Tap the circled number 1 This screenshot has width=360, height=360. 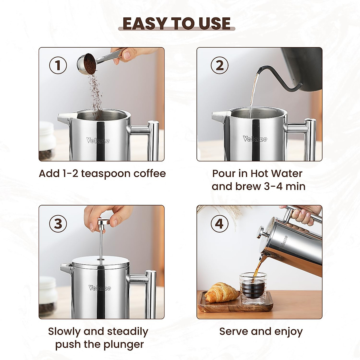click(58, 65)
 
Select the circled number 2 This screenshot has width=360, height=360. click(220, 65)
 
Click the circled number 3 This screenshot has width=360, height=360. click(58, 224)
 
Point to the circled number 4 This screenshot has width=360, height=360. click(220, 224)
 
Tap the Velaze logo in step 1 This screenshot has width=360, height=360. click(98, 140)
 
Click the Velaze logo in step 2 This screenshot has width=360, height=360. click(255, 139)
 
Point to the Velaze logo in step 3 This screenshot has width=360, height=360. click(100, 288)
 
